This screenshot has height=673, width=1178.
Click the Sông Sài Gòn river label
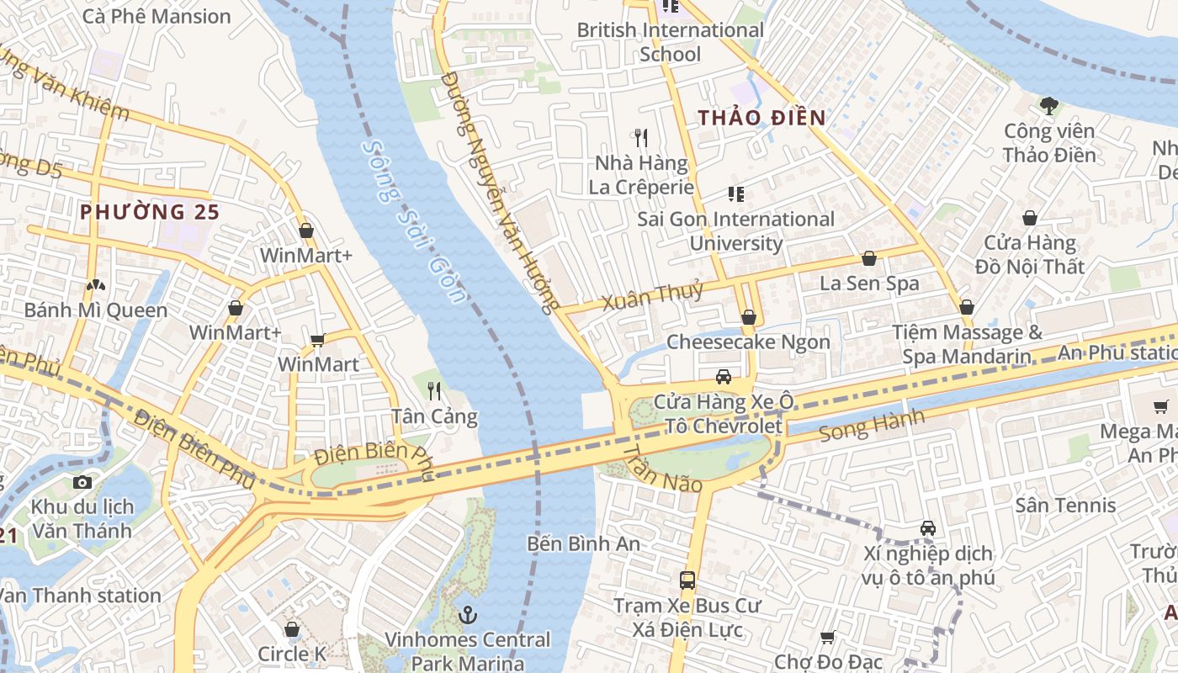(x=413, y=221)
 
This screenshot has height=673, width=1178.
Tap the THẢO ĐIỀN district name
(x=761, y=118)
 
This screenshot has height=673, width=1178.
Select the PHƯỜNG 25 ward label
(x=149, y=212)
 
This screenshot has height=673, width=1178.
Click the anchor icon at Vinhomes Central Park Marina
(x=467, y=615)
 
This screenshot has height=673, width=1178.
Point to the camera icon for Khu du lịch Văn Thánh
(x=82, y=482)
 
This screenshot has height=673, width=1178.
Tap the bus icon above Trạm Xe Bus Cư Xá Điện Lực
(x=687, y=580)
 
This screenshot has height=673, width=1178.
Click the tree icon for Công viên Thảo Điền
(x=1048, y=106)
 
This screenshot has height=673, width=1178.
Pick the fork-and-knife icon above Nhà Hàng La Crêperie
(x=641, y=138)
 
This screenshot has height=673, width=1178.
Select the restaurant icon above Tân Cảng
(x=434, y=390)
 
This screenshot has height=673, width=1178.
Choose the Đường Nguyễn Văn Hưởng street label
(x=500, y=193)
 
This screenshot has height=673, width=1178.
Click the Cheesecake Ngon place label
(x=748, y=342)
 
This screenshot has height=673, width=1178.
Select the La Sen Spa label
(x=869, y=284)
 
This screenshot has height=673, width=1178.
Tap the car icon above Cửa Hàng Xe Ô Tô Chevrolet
(x=723, y=376)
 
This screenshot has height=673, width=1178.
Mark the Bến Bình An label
(x=583, y=543)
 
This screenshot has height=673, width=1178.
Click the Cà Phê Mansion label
(x=157, y=16)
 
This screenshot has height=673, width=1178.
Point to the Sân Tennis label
(x=1065, y=505)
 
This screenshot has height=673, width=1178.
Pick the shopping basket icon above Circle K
(x=292, y=629)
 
